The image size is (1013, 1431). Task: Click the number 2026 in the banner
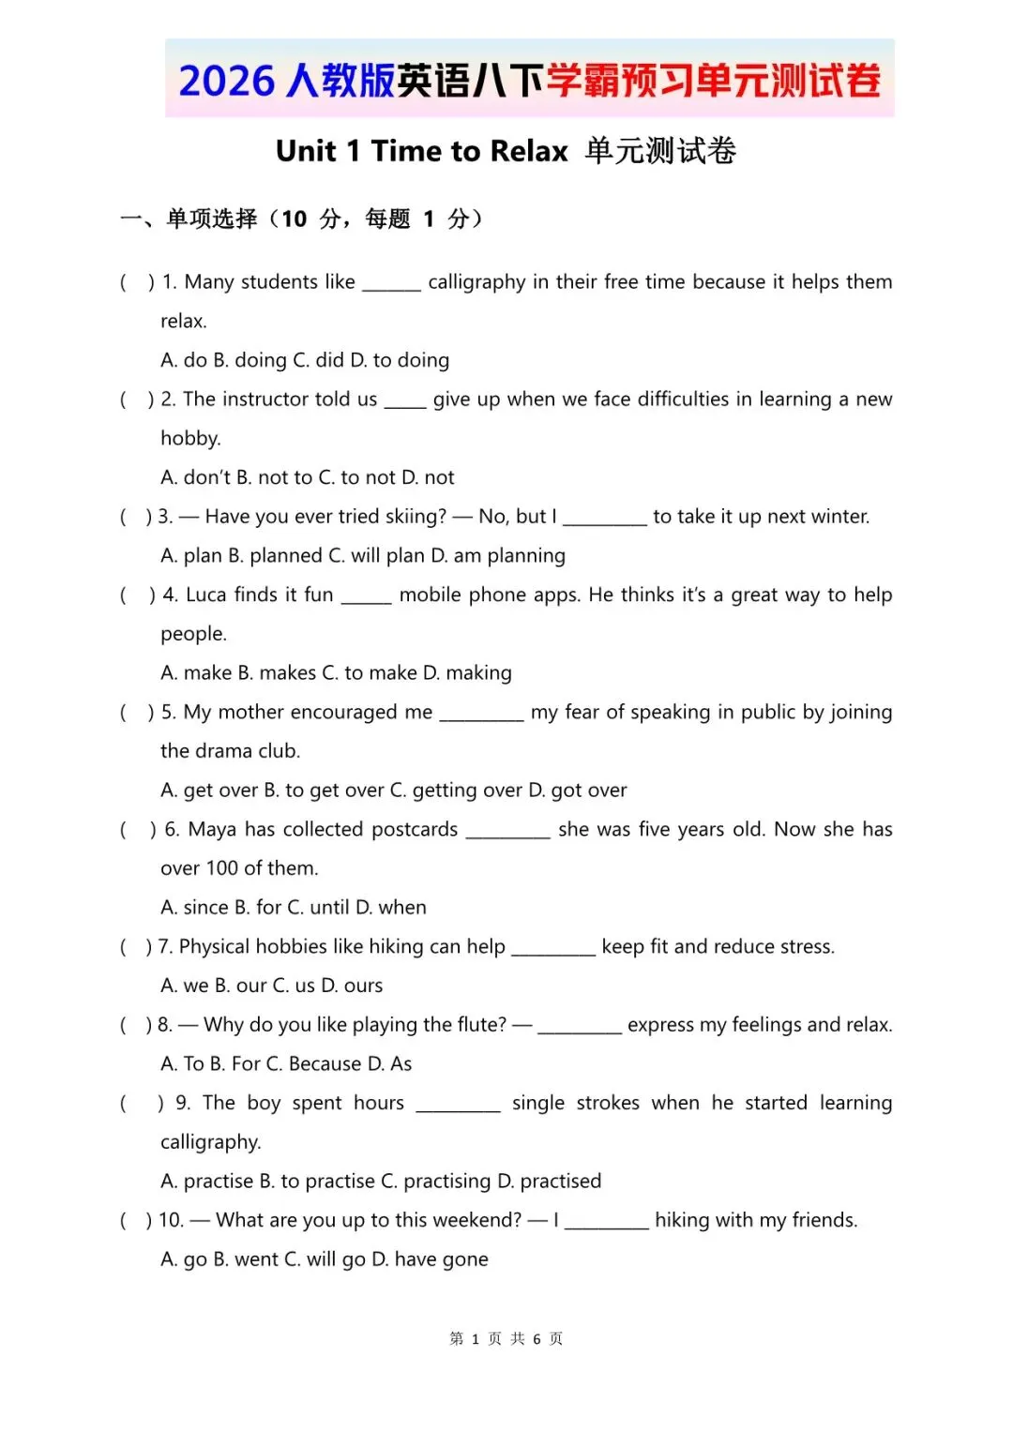226,82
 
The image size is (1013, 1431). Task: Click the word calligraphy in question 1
476,282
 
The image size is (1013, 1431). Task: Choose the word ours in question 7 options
364,986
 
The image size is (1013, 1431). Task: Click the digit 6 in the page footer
537,1339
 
